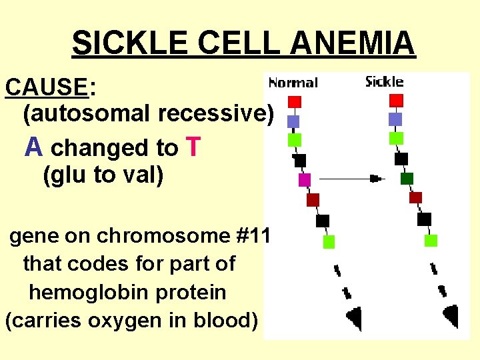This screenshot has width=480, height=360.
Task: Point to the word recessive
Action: tap(215, 114)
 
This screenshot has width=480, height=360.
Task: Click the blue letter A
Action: tap(34, 147)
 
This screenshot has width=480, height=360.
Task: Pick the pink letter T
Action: tap(193, 147)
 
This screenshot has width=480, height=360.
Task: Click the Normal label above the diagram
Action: tap(293, 83)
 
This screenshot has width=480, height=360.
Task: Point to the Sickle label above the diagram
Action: tap(385, 81)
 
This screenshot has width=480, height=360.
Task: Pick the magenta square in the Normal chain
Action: tap(305, 179)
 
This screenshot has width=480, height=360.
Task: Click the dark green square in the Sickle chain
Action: tap(407, 178)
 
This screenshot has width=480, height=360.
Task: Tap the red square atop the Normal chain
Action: tap(295, 102)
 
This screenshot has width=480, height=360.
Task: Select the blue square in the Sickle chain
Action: tap(395, 119)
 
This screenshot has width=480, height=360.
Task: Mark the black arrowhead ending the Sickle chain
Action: tap(451, 315)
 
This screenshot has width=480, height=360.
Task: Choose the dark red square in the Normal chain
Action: tap(313, 200)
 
